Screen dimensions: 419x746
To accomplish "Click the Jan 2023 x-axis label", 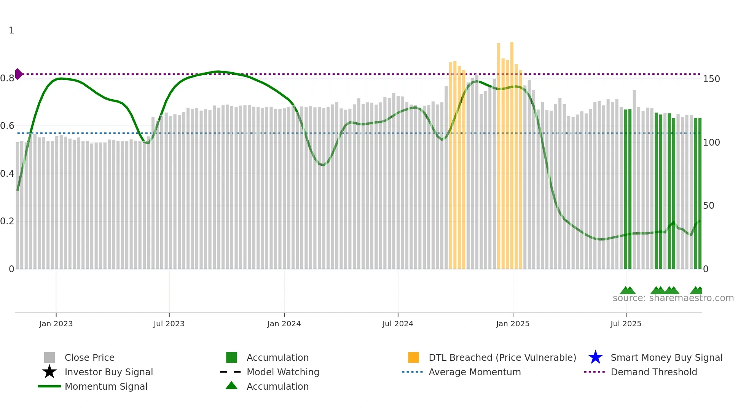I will [56, 324].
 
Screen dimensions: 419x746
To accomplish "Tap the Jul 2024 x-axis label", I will [398, 324].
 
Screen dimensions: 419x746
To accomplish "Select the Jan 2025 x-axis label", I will [513, 324].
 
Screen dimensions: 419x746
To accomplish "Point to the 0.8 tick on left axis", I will [7, 78].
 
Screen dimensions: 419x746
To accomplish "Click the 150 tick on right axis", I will [711, 79].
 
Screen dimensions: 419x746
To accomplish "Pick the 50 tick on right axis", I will [708, 206].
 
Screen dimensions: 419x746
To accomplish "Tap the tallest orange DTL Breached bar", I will [512, 152].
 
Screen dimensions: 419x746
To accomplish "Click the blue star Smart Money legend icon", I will [595, 357].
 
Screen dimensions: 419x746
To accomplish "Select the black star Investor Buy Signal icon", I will [49, 372].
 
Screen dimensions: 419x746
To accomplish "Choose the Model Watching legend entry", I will [282, 372].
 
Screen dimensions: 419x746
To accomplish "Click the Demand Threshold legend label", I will [654, 372].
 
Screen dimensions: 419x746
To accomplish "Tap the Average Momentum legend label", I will [474, 372].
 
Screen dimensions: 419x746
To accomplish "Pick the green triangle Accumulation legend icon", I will [231, 386].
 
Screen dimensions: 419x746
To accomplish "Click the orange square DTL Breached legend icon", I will [413, 357].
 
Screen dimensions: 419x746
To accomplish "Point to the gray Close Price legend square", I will [49, 357].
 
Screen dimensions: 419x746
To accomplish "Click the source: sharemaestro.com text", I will [673, 298].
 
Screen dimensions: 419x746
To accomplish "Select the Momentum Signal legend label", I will [106, 386].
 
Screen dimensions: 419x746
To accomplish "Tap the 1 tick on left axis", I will [11, 30].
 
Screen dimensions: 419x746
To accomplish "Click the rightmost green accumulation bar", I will [700, 194].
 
